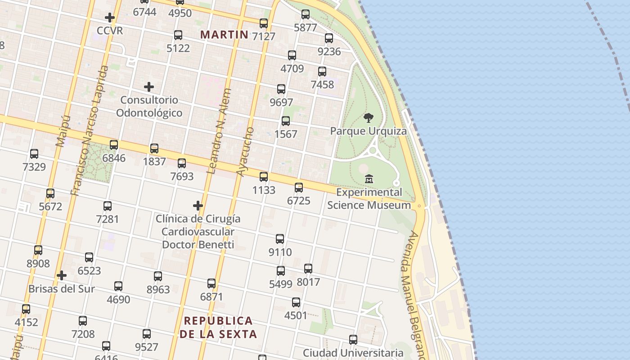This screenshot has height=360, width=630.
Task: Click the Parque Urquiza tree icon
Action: pos(369,118)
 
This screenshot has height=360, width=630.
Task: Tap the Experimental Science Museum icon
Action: pos(369,179)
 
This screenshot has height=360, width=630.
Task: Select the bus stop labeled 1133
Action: pos(264,177)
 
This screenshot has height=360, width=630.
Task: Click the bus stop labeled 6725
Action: pos(299,188)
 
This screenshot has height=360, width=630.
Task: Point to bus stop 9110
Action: pos(280,239)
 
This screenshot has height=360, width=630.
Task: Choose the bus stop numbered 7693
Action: pos(182,163)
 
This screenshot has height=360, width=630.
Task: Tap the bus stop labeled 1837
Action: pos(154,148)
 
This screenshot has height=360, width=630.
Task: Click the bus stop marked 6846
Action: pos(114,145)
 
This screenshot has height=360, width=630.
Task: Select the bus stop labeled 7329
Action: pos(34,154)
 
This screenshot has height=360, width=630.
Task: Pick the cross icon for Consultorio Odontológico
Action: pos(149,87)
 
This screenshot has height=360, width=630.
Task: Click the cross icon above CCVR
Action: pos(110,18)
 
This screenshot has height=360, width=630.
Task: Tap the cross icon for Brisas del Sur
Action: pos(62,275)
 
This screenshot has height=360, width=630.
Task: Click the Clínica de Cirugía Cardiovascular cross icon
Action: pos(198,206)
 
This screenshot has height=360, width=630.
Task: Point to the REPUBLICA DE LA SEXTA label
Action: pos(218,327)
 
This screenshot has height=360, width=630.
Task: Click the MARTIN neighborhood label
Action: pos(224,35)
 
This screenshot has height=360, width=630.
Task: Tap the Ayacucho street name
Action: pos(246,152)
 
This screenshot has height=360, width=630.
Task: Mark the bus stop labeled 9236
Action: pos(329,38)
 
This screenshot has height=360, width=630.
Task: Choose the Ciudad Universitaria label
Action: pos(353,353)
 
